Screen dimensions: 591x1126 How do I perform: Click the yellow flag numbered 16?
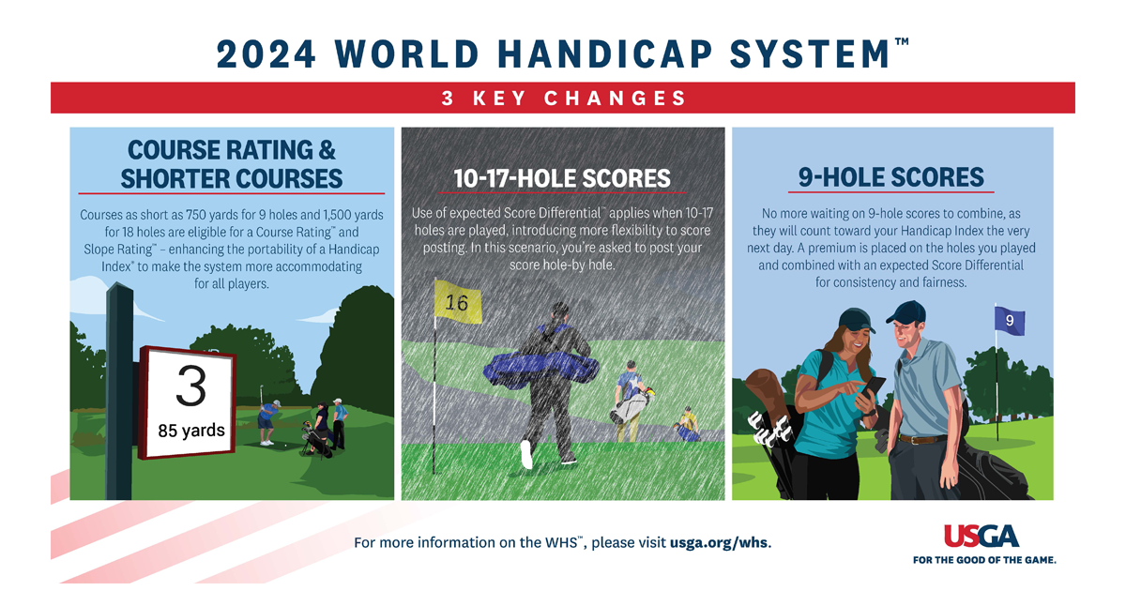click(x=457, y=302)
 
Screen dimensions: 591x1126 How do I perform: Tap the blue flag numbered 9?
click(x=1010, y=321)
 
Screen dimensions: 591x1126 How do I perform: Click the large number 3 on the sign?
click(x=191, y=386)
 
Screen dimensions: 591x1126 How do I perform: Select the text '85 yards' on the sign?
click(x=190, y=432)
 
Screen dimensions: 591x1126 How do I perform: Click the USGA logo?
click(x=981, y=537)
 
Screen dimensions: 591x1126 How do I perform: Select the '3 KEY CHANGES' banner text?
click(x=563, y=98)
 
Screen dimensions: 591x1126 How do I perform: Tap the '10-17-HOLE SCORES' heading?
click(x=563, y=178)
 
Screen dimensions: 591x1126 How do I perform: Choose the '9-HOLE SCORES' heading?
click(x=890, y=177)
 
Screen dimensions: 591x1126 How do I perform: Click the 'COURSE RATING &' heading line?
click(x=232, y=150)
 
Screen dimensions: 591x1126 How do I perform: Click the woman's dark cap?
click(x=856, y=320)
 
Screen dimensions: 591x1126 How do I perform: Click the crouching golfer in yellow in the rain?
click(x=688, y=425)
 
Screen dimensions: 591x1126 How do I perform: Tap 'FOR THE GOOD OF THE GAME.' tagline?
click(x=984, y=560)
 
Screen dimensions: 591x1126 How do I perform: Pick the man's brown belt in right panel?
click(x=922, y=438)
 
